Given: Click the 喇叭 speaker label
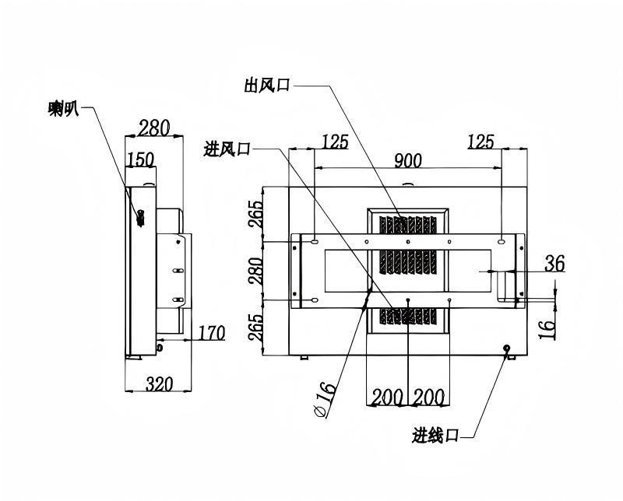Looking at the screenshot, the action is [x=64, y=108].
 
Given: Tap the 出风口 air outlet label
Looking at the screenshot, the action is [x=267, y=86].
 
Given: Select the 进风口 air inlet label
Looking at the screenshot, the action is [x=227, y=149].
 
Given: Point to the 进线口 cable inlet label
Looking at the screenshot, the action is [x=435, y=436].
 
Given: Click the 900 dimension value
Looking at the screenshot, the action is [x=408, y=161].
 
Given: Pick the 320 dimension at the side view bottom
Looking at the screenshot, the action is [x=160, y=384].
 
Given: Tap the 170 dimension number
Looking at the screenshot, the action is [x=211, y=333].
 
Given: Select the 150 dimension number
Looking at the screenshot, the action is [x=141, y=159].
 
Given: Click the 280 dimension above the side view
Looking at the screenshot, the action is [x=153, y=128].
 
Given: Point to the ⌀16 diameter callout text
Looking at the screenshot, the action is [x=325, y=399].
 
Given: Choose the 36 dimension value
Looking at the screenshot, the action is [x=554, y=263].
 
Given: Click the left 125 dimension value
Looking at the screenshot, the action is [x=335, y=142].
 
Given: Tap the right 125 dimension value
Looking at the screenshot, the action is [x=480, y=142].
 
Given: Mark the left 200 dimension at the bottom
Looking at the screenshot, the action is [x=387, y=397].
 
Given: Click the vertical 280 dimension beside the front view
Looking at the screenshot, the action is [x=255, y=272].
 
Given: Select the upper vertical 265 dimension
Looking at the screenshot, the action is [x=255, y=215].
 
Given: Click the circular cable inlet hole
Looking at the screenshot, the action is [x=507, y=349].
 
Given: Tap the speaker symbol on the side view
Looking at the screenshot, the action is [x=140, y=218].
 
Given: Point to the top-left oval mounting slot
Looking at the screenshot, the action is [x=315, y=241].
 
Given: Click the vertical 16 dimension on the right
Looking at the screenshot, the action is [x=547, y=329].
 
